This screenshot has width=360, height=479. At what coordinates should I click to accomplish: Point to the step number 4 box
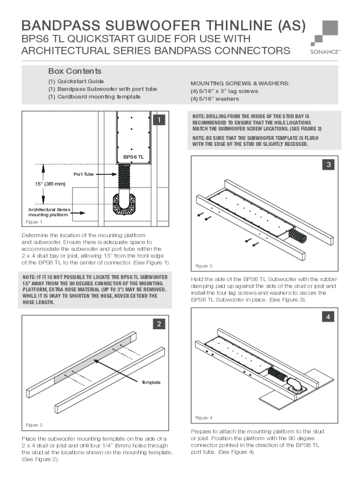[x=329, y=317]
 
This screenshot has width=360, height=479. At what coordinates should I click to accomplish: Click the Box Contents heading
[x=75, y=71]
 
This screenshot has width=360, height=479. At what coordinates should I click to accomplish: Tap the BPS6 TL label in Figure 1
[x=133, y=157]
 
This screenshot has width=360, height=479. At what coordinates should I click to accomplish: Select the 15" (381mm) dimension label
[x=44, y=184]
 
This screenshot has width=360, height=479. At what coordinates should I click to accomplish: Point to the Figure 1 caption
[x=34, y=222]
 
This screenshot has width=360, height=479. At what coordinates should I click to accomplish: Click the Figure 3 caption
[x=204, y=266]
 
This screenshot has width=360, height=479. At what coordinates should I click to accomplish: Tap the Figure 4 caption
[x=204, y=417]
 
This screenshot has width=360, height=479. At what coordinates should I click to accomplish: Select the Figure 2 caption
[x=34, y=425]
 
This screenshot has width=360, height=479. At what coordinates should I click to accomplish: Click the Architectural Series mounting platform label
[x=49, y=212]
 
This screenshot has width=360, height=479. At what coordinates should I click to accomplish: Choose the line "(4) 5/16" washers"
[x=214, y=99]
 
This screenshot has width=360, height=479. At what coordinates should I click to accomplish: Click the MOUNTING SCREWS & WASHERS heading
[x=239, y=83]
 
